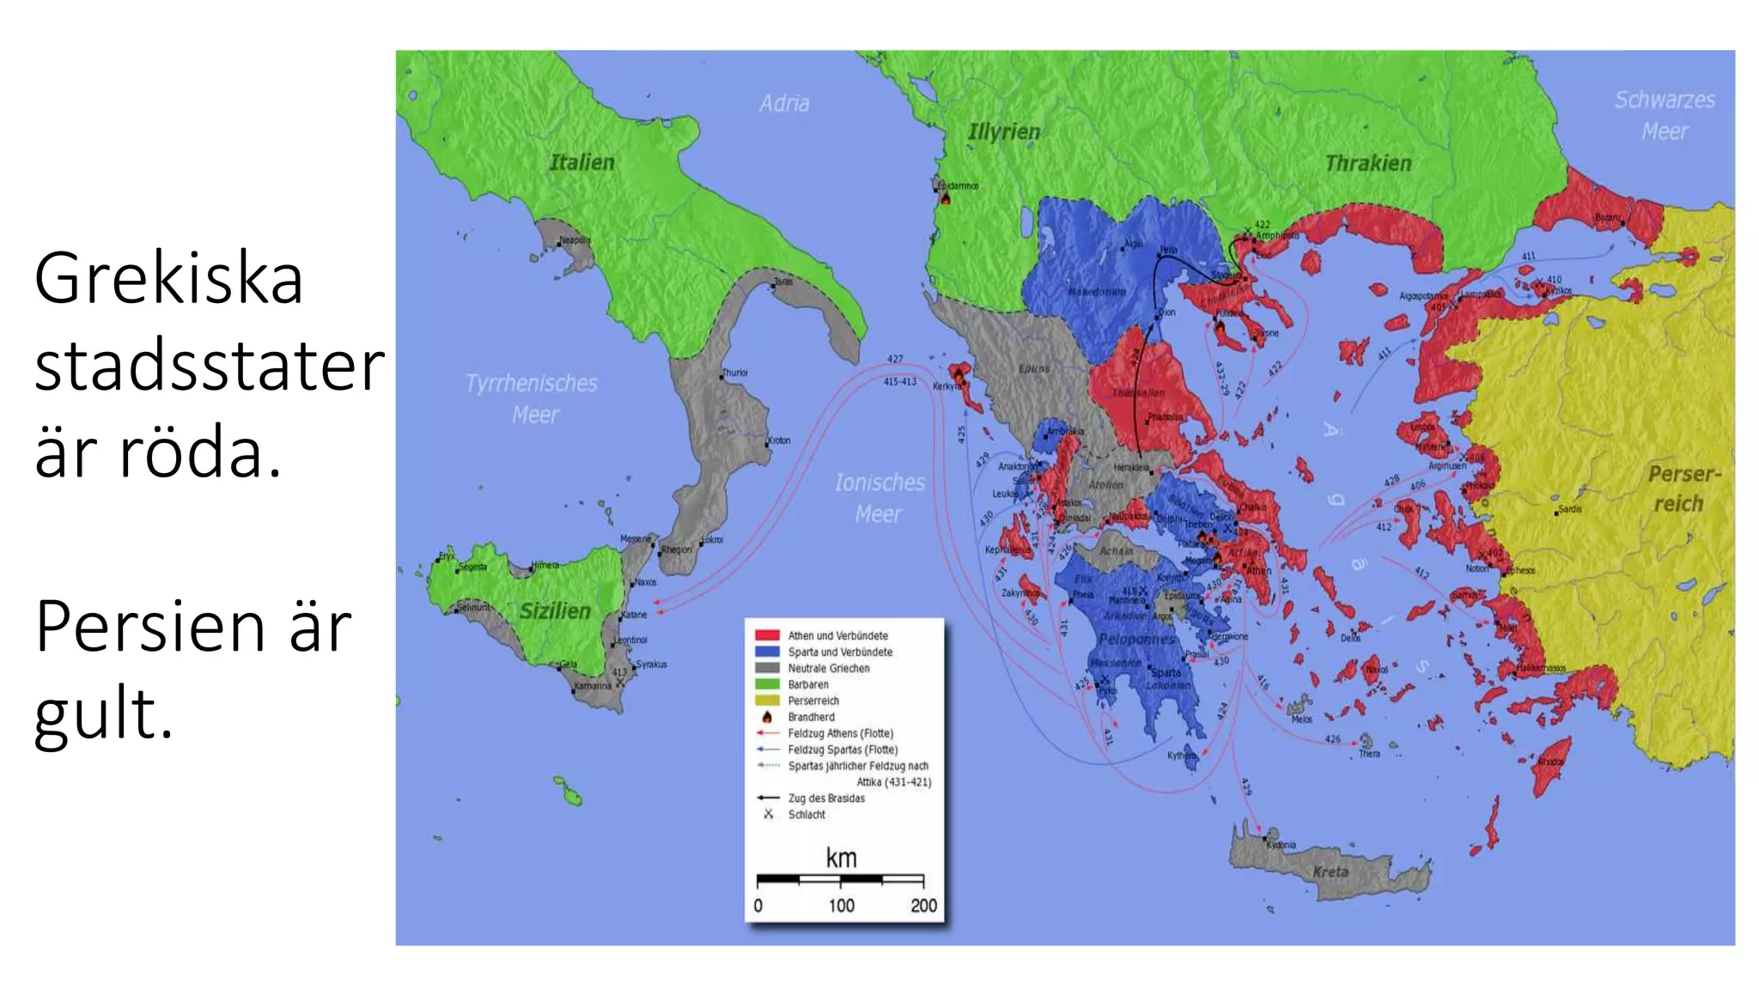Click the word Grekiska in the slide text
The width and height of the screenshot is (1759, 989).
point(168,279)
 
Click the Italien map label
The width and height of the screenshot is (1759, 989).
point(581,162)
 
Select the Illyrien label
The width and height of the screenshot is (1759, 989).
point(1003,131)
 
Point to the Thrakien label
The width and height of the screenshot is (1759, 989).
point(1367,163)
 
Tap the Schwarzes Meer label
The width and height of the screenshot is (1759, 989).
point(1664,115)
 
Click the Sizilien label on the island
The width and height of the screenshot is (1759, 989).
point(555,611)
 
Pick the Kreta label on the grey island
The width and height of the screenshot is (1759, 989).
point(1330,871)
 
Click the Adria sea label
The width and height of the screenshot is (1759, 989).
point(783,103)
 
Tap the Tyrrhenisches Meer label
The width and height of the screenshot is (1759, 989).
point(532,398)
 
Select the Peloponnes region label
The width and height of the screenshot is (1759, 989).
point(1135,640)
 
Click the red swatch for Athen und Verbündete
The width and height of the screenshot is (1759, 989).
point(767,635)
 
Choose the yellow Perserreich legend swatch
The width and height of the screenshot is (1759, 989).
point(767,701)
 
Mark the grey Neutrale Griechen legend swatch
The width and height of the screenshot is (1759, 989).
point(767,668)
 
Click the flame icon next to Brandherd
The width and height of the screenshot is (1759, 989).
point(767,717)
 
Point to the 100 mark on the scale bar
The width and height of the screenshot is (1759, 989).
point(841,905)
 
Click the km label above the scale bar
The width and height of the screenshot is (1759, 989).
point(841,857)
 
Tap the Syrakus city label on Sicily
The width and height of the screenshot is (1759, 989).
point(651,664)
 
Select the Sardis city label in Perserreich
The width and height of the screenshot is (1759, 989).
point(1569,509)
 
